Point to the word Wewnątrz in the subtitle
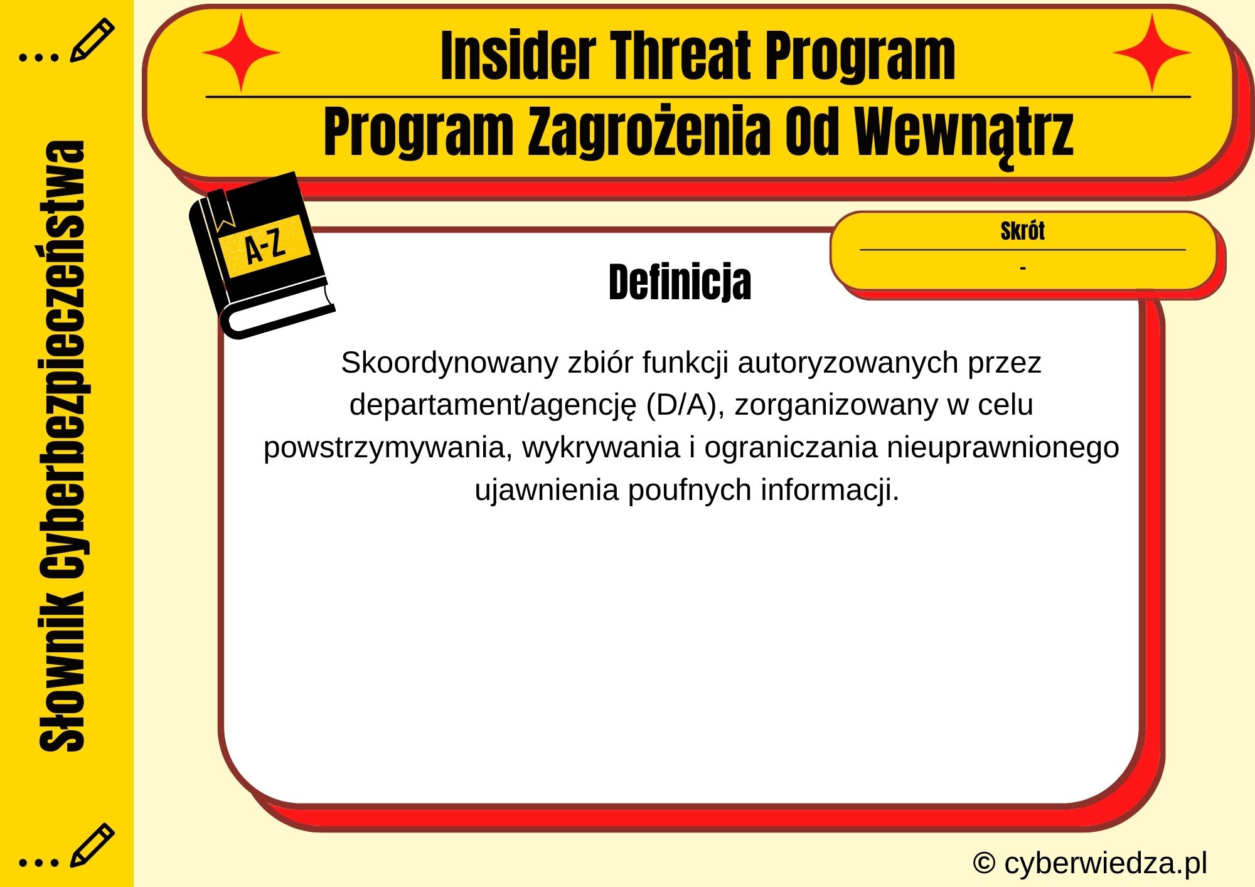(x=964, y=133)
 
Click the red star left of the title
(x=241, y=53)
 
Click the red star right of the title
(x=1152, y=53)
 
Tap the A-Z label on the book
(x=265, y=246)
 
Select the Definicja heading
(x=680, y=282)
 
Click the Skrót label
(x=1022, y=231)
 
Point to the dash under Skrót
(x=1023, y=268)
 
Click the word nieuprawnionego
(x=1003, y=448)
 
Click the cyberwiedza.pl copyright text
(x=1090, y=863)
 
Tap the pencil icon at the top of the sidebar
(x=92, y=40)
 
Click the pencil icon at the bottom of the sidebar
(x=92, y=845)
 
